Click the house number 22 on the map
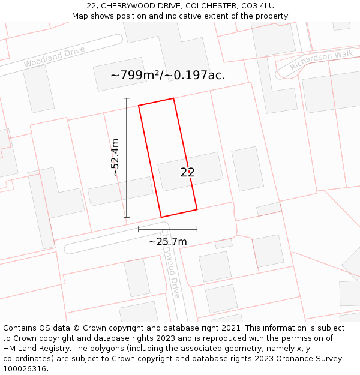[x=187, y=172]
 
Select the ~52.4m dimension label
[x=115, y=157]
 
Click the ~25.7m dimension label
[x=167, y=241]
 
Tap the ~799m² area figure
[x=134, y=75]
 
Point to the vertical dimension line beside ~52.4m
[x=127, y=157]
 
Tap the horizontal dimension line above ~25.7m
[x=167, y=229]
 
